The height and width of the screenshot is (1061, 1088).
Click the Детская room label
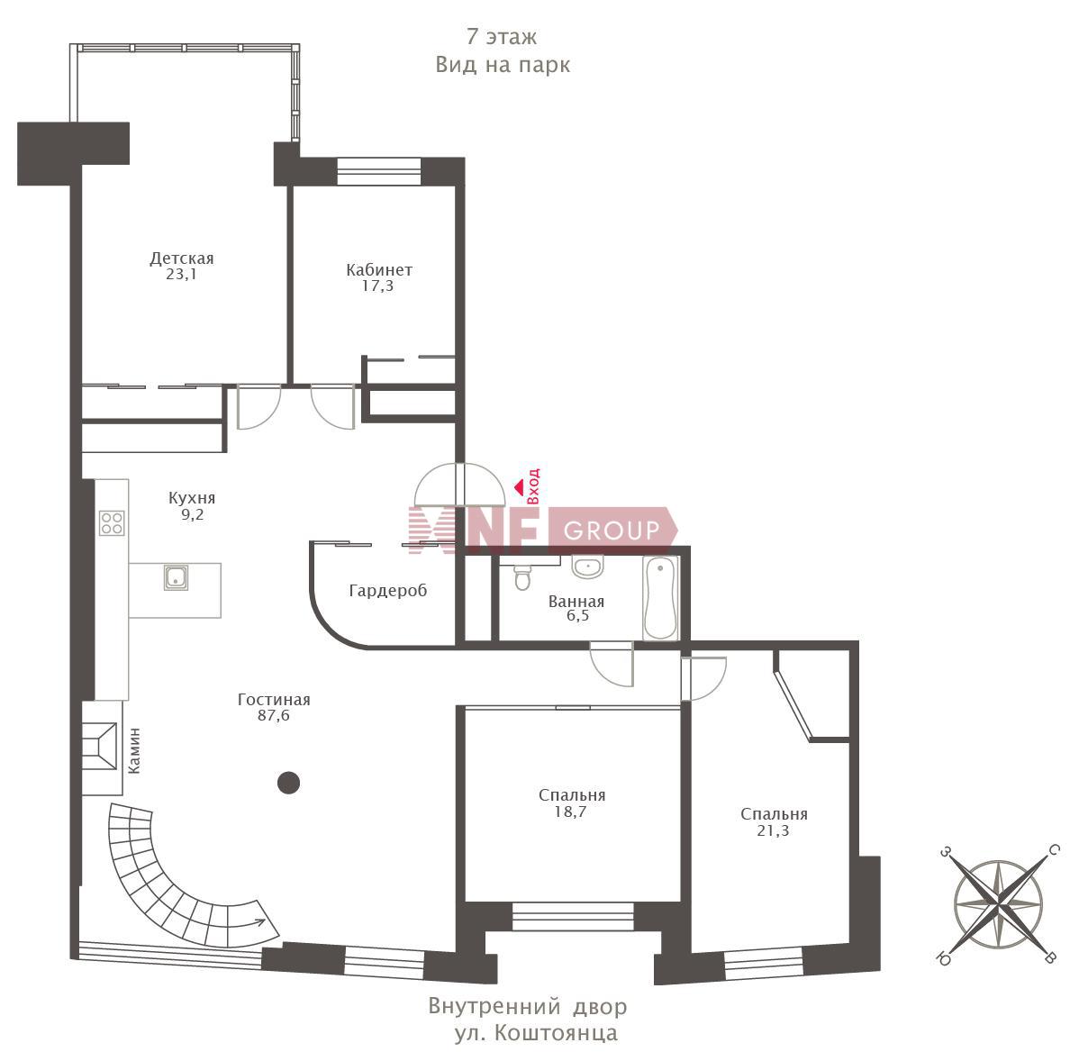tap(182, 258)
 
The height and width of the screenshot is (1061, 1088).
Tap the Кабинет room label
tap(379, 270)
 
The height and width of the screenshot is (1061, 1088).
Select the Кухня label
tap(192, 497)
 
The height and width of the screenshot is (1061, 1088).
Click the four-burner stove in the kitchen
tap(112, 523)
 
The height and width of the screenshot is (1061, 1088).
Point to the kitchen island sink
tap(177, 577)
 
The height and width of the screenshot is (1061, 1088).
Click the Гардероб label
tap(388, 590)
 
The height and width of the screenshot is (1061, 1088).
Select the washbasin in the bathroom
tap(587, 567)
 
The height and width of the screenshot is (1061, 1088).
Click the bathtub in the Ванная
tap(660, 598)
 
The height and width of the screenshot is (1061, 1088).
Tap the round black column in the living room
tap(288, 783)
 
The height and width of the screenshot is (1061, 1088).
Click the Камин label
tap(134, 751)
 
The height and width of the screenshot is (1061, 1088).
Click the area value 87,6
tap(274, 715)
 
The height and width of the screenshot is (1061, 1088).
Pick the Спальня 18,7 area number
tap(570, 812)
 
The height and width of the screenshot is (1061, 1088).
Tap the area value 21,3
tap(774, 830)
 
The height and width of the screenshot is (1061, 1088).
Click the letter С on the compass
tap(1054, 850)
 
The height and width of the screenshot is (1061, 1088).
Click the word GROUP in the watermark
tap(612, 530)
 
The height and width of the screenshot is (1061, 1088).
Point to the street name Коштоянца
tap(557, 1033)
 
